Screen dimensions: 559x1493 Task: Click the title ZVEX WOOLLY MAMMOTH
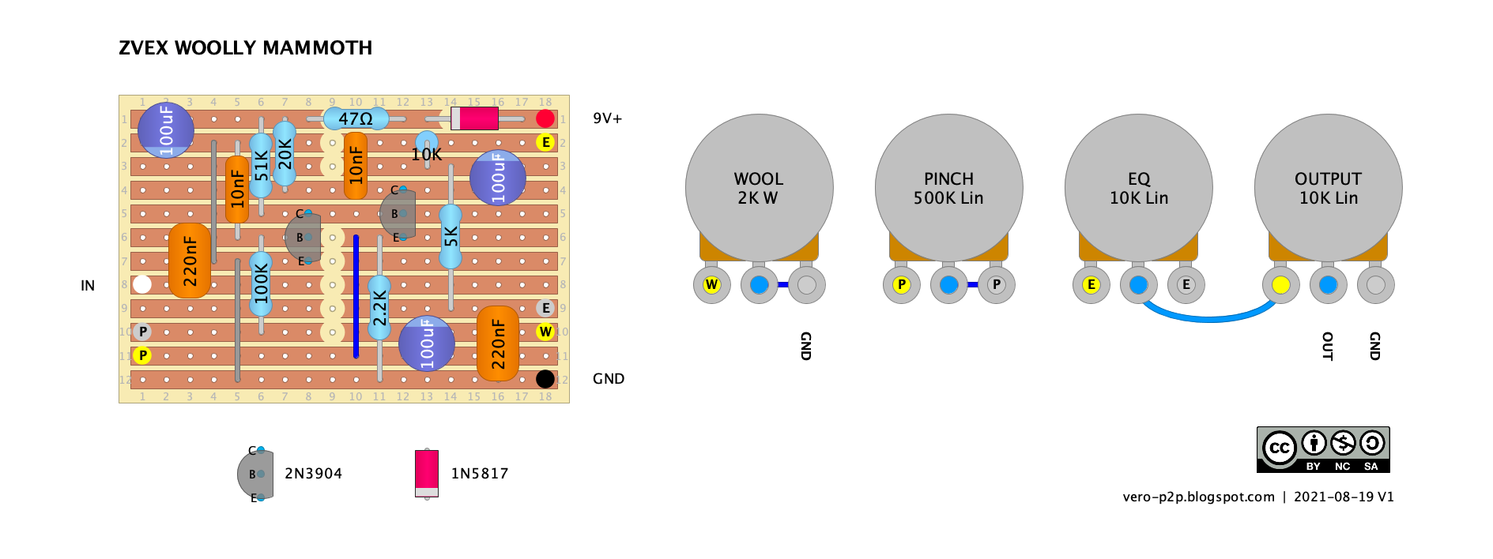coord(245,48)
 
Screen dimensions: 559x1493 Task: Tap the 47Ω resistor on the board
coord(356,119)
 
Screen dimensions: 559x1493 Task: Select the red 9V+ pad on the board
coord(545,118)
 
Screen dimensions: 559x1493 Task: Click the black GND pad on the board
coord(545,379)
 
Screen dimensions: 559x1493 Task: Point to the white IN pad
coord(142,284)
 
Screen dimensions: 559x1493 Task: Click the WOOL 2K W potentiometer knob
coord(759,188)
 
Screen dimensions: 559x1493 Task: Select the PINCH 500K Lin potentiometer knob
coord(948,188)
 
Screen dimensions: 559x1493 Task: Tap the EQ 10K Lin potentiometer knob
coord(1138,188)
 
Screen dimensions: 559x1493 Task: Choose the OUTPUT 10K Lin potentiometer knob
coord(1328,188)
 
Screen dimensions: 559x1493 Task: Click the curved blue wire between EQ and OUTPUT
coord(1209,318)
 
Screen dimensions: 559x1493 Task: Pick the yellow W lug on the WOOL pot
coord(711,285)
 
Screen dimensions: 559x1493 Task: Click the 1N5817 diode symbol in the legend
coord(427,472)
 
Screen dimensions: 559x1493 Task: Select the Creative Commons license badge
coord(1323,450)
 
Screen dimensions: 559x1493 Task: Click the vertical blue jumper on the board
coord(356,296)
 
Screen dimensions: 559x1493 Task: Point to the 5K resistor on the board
coord(451,237)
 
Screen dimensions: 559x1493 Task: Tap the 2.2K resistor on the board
coord(379,308)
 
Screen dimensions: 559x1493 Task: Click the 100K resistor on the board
coord(261,284)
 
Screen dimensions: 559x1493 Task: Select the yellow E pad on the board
coord(545,142)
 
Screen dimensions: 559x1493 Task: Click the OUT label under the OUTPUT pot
coord(1328,346)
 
